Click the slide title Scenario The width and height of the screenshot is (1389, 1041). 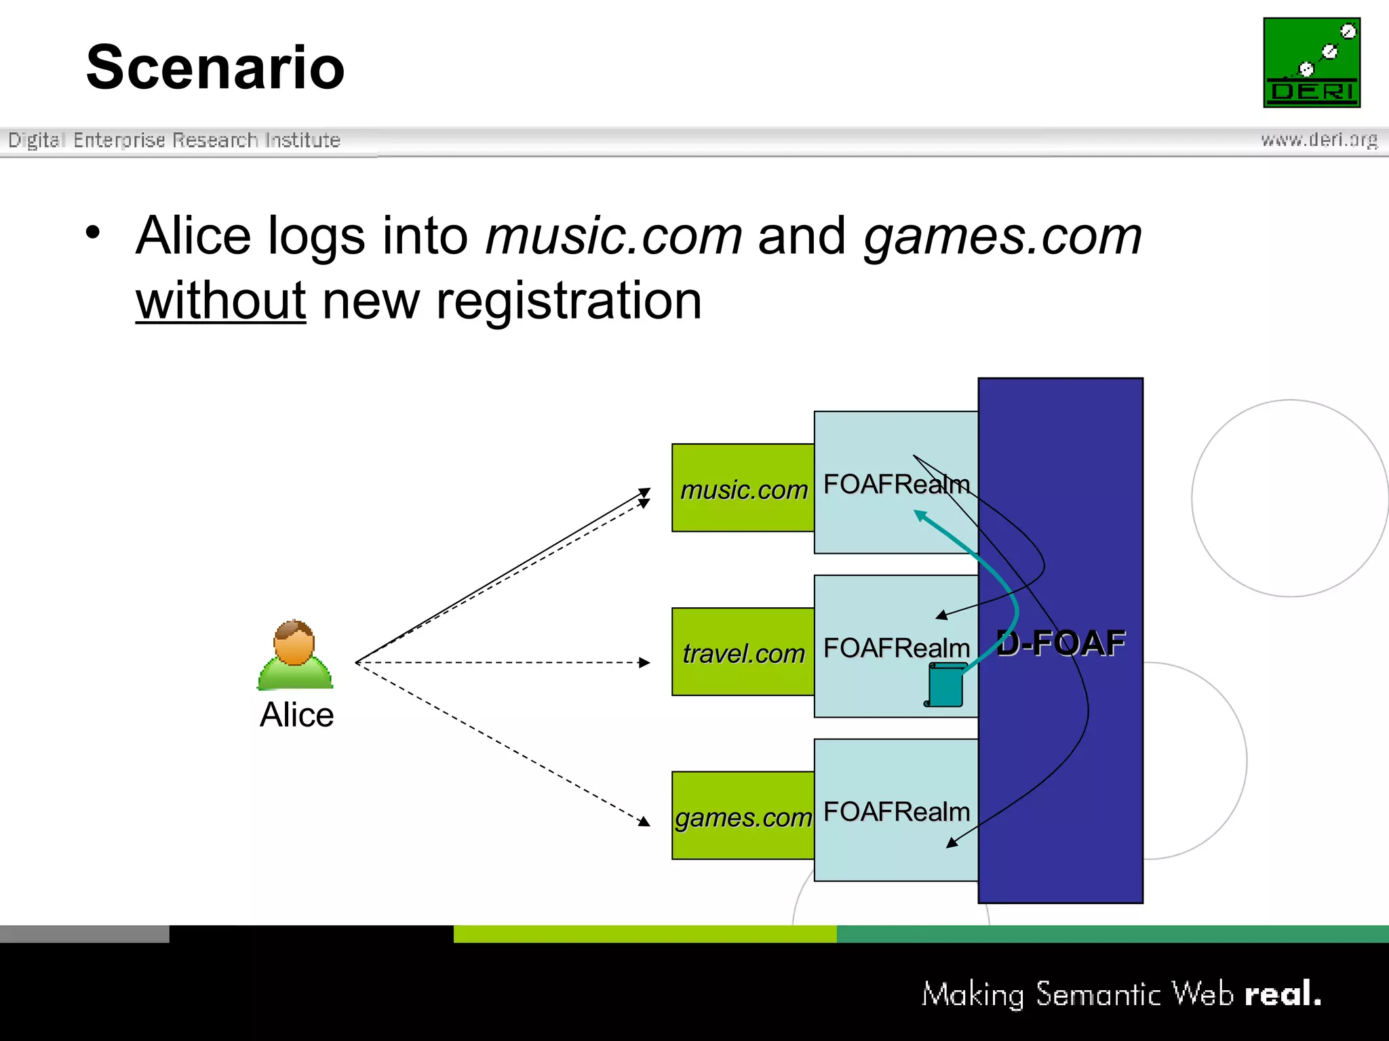[x=216, y=67]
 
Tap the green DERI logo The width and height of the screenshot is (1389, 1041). [x=1311, y=62]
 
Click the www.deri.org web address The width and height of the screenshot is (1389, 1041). [x=1318, y=140]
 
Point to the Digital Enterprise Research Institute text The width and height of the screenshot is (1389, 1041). [x=174, y=140]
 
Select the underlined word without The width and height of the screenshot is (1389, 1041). [x=220, y=301]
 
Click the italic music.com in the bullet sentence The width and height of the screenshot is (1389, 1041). [x=614, y=236]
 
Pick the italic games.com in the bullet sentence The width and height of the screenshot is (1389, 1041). [x=1002, y=236]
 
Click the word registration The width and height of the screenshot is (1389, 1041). [x=568, y=301]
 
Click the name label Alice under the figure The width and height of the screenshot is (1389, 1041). [x=297, y=715]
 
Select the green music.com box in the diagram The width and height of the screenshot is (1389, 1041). [x=743, y=489]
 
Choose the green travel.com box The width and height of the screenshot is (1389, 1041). [x=743, y=653]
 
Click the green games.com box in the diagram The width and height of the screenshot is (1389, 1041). [x=743, y=817]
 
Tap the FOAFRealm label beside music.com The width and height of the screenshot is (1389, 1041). [x=896, y=485]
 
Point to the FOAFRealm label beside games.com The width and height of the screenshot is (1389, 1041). [x=896, y=812]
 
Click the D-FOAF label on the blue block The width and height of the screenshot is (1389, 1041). [x=1061, y=642]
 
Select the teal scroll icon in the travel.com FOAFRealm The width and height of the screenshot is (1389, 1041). [x=945, y=685]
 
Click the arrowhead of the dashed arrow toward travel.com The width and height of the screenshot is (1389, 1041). [x=645, y=663]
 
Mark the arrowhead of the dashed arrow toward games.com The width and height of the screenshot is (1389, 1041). [x=644, y=822]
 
